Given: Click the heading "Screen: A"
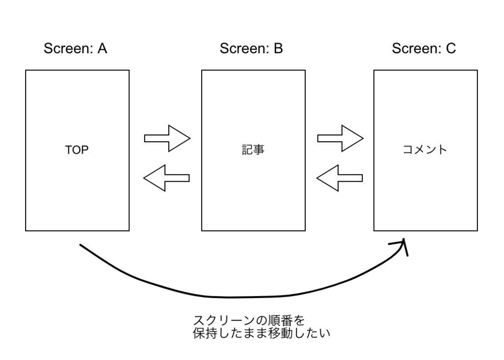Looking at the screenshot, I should click(x=75, y=49).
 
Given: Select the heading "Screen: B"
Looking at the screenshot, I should click(x=251, y=49).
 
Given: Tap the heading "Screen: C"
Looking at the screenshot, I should click(x=424, y=49).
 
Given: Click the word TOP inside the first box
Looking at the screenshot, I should click(x=77, y=151).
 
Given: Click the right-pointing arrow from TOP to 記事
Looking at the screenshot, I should click(x=167, y=138).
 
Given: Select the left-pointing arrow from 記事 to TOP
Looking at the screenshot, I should click(x=166, y=177).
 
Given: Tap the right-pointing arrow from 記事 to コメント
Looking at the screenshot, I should click(x=340, y=138).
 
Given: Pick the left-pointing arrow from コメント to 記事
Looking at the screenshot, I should click(x=340, y=177).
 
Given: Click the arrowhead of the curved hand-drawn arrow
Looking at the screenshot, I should click(x=404, y=244).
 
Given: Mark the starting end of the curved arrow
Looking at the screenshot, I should click(x=81, y=245).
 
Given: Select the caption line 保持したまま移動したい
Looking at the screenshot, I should click(x=261, y=333).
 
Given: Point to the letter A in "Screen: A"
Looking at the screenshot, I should click(x=102, y=49).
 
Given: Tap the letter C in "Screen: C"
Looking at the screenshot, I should click(x=451, y=49).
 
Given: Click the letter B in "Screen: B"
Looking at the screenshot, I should click(x=278, y=49).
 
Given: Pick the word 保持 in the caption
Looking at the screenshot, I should click(x=205, y=333).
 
